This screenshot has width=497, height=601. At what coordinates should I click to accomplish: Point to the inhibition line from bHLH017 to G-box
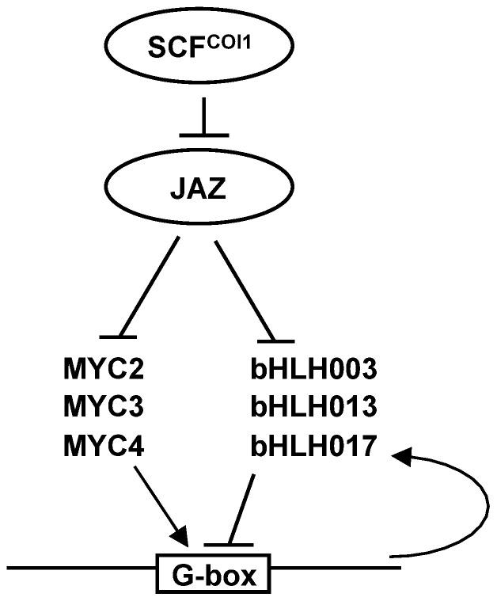pos(242,507)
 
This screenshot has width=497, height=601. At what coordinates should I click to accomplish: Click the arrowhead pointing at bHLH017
pos(404,454)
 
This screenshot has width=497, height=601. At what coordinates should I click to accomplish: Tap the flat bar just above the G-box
pos(229,545)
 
